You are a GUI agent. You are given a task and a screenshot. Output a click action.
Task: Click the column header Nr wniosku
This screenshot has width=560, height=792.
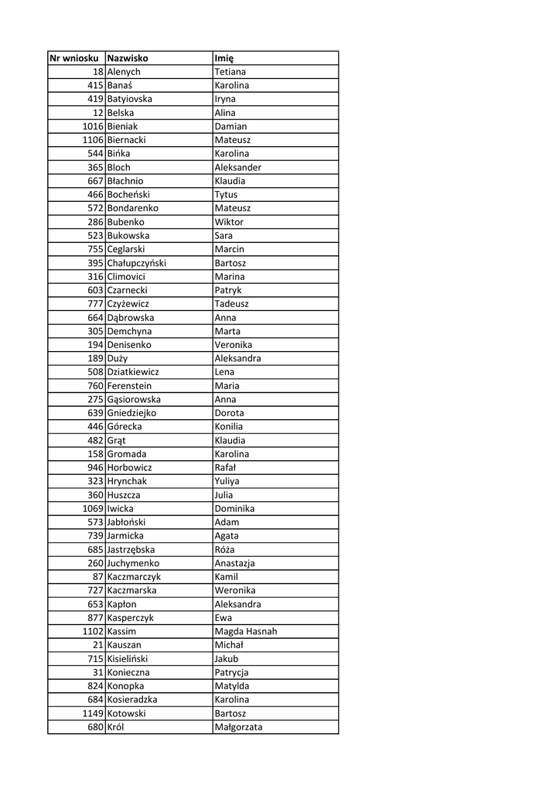click(x=74, y=58)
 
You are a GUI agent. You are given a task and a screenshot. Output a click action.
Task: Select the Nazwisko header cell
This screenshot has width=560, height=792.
click(x=128, y=58)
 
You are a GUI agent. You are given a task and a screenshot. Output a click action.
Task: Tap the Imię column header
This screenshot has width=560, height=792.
click(x=224, y=58)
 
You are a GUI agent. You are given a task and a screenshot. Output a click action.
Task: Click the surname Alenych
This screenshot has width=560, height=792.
click(x=124, y=72)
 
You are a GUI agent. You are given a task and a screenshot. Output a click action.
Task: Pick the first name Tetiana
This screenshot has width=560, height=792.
click(x=230, y=72)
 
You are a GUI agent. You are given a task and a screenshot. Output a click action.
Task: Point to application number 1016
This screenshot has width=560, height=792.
click(x=93, y=126)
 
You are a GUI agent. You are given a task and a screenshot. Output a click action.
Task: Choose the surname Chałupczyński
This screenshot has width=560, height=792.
click(x=136, y=263)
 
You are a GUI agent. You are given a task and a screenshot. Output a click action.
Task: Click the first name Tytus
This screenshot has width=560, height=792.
click(x=226, y=195)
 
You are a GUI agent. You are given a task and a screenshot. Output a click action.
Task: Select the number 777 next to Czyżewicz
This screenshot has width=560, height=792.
click(x=95, y=304)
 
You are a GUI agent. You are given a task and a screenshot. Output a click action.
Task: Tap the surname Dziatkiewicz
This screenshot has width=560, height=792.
click(x=133, y=372)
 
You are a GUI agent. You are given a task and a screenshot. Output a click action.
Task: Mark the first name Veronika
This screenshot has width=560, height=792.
click(x=233, y=345)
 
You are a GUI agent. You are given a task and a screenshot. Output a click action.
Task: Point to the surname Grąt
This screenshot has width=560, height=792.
click(x=116, y=440)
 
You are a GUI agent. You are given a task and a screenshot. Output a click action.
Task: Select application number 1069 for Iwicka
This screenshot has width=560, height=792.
click(x=93, y=509)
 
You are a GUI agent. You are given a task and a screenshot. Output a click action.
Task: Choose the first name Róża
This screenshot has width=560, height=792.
click(x=225, y=550)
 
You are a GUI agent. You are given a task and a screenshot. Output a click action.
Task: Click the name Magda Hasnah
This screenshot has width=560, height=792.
click(x=245, y=631)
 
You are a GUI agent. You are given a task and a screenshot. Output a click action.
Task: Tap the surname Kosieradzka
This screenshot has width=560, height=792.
click(x=135, y=700)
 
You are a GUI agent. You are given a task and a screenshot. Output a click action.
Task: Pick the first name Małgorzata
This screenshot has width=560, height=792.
click(x=238, y=727)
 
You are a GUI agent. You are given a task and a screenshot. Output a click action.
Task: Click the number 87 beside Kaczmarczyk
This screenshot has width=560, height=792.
click(x=97, y=577)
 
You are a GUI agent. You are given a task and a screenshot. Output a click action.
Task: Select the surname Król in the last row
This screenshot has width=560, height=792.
click(x=117, y=727)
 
